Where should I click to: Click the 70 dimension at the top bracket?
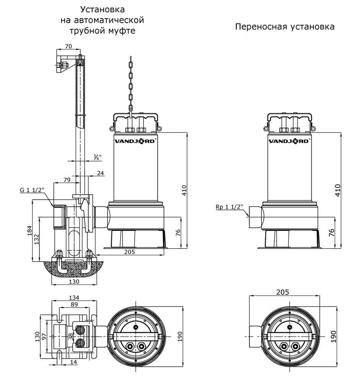tap(68, 47)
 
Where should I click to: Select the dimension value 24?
tap(101, 173)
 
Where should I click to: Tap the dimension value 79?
tap(67, 179)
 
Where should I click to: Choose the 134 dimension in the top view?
tap(74, 298)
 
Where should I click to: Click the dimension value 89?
tap(74, 304)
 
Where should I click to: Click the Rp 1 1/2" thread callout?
tap(229, 207)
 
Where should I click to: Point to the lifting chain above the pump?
tap(130, 82)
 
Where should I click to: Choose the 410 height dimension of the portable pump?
tap(337, 190)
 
